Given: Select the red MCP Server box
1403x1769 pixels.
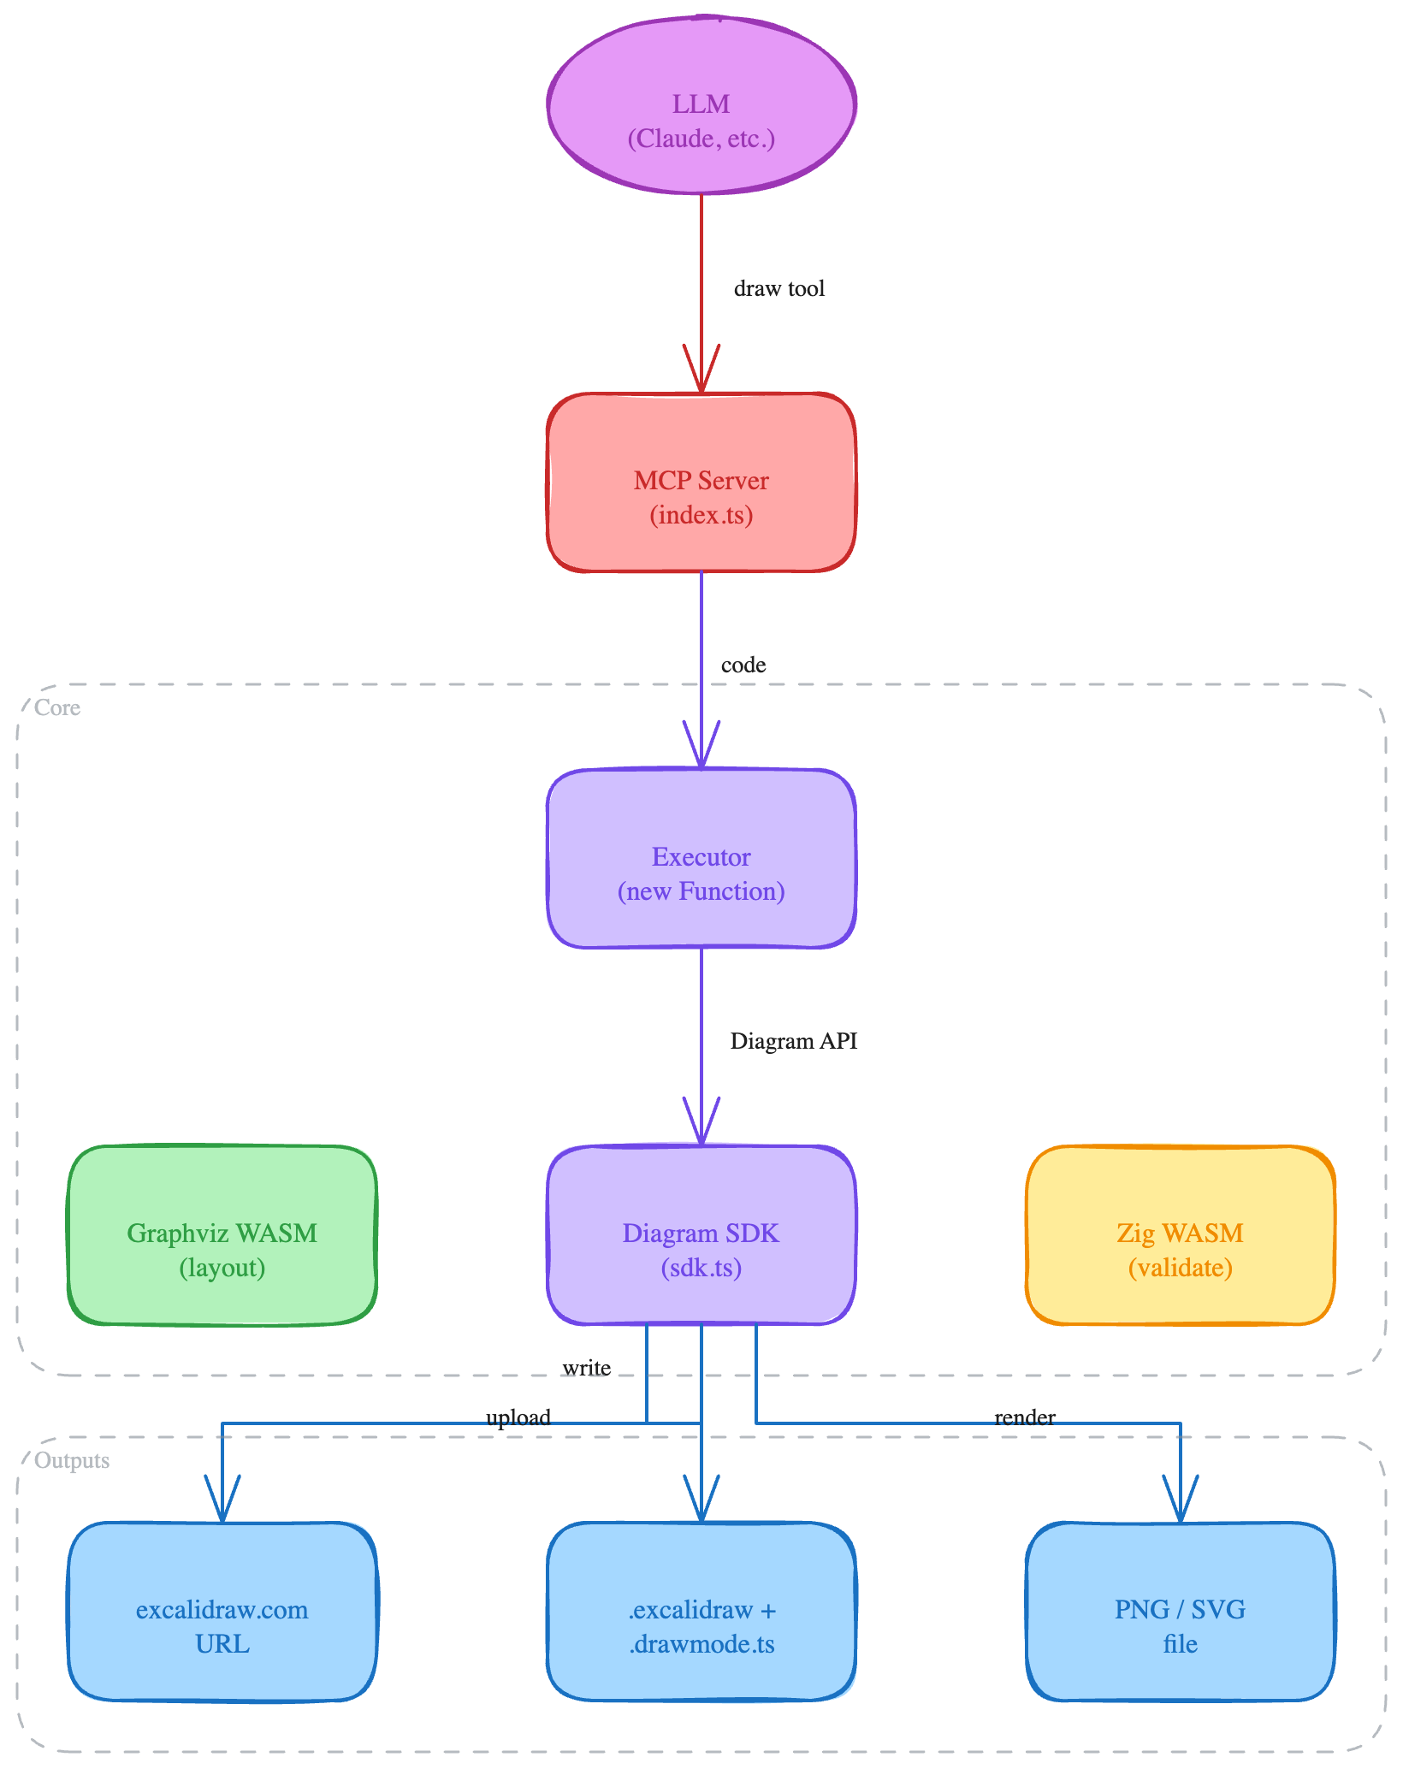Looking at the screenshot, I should click(x=701, y=482).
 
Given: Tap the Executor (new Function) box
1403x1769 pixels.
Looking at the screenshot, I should click(x=701, y=859).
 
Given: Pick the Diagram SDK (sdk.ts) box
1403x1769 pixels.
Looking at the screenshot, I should click(x=701, y=1235).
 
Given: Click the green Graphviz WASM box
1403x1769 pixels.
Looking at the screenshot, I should click(x=222, y=1235).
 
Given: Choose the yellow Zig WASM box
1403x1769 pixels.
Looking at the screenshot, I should click(x=1181, y=1235).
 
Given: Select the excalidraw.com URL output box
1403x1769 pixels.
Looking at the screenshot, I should click(x=222, y=1612).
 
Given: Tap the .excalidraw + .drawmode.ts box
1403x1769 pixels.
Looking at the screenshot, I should click(x=701, y=1612).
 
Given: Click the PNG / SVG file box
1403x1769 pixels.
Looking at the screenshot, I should click(x=1181, y=1612).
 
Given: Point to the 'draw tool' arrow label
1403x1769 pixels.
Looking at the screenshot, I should click(x=778, y=288).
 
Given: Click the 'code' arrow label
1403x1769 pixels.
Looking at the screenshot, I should click(x=743, y=665).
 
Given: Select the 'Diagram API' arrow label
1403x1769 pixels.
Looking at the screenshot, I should click(x=793, y=1041).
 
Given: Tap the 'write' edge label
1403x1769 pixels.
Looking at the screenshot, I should click(x=586, y=1368).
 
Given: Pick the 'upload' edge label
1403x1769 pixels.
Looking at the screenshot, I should click(x=518, y=1417).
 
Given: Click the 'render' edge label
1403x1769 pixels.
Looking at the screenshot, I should click(x=1024, y=1417).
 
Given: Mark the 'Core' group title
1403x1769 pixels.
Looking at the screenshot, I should click(x=57, y=707).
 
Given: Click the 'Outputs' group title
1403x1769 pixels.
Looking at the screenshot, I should click(x=72, y=1460).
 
